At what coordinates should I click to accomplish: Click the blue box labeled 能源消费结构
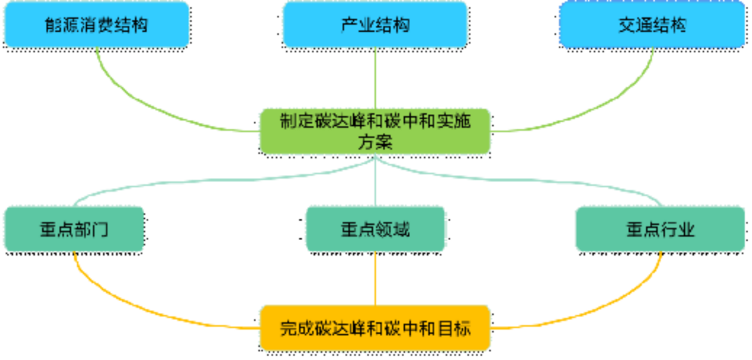pyautogui.click(x=96, y=24)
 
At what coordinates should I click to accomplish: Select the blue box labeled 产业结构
pyautogui.click(x=375, y=24)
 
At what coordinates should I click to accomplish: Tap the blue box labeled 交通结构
pyautogui.click(x=652, y=24)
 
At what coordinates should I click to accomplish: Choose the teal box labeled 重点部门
pyautogui.click(x=74, y=229)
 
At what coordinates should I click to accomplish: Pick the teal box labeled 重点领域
pyautogui.click(x=375, y=229)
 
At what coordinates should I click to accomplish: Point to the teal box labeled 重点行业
pyautogui.click(x=660, y=229)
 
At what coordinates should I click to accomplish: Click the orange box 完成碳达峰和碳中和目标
pyautogui.click(x=375, y=328)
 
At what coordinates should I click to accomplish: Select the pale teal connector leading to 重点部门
pyautogui.click(x=189, y=183)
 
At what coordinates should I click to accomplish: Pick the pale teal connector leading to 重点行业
pyautogui.click(x=566, y=183)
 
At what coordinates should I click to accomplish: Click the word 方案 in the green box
pyautogui.click(x=375, y=141)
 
